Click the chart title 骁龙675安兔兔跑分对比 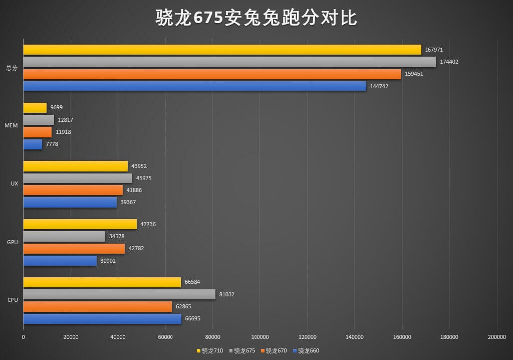[256, 18]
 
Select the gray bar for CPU [119, 294]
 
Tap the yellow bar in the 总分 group [222, 50]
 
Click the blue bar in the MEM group [33, 144]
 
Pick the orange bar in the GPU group [74, 249]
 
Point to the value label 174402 [448, 62]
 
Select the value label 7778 [52, 144]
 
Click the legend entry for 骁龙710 [210, 350]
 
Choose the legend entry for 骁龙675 [242, 350]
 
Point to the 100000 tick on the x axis [260, 337]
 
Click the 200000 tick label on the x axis [496, 337]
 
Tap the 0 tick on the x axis [24, 337]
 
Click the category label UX [15, 184]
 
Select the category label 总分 [12, 68]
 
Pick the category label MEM [12, 126]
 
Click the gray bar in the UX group [78, 178]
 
